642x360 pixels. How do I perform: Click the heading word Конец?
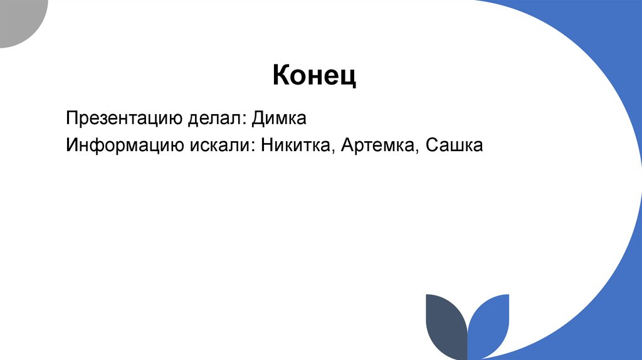(314, 77)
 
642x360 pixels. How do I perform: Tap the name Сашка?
(454, 146)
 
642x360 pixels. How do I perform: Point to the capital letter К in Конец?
(281, 76)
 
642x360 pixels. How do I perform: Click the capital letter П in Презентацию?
(71, 119)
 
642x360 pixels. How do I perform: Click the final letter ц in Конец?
(350, 78)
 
